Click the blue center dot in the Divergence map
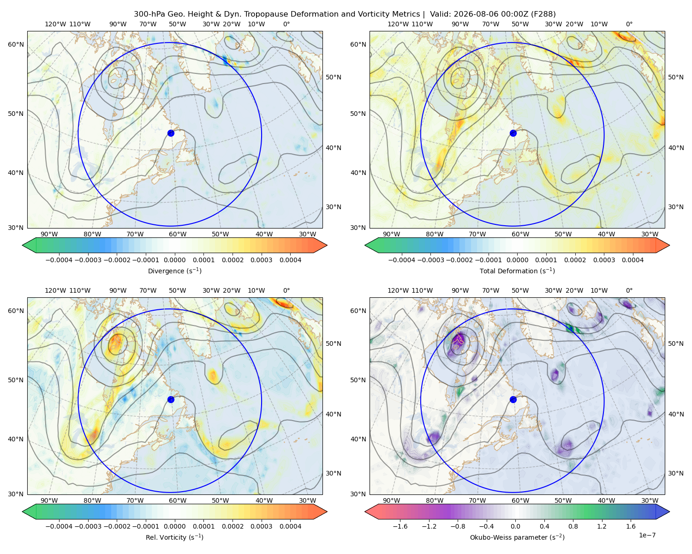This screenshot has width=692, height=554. tap(171, 133)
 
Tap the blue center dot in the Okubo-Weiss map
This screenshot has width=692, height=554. tap(513, 399)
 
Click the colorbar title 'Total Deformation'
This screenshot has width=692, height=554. tap(508, 271)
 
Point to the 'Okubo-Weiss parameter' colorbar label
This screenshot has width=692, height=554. tap(504, 537)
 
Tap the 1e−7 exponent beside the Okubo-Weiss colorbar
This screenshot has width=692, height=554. tap(647, 535)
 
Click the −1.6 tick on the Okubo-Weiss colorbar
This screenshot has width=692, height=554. tap(400, 526)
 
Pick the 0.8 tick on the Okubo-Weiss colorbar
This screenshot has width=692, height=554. tap(573, 526)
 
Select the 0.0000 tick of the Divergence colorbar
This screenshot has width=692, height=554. tap(174, 260)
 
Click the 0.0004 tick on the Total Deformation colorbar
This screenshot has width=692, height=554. tap(633, 260)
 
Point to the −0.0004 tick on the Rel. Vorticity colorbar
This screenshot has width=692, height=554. tap(59, 526)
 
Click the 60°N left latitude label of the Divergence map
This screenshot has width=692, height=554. tap(16, 44)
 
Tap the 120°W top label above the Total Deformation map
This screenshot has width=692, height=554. tap(398, 24)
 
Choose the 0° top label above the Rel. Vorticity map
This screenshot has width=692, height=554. tap(286, 290)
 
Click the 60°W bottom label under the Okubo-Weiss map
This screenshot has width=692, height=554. tap(520, 500)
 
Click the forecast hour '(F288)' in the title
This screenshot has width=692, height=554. tap(543, 14)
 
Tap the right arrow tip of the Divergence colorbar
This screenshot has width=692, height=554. tap(327, 245)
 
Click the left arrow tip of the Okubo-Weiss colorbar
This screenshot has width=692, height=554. tap(365, 512)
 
